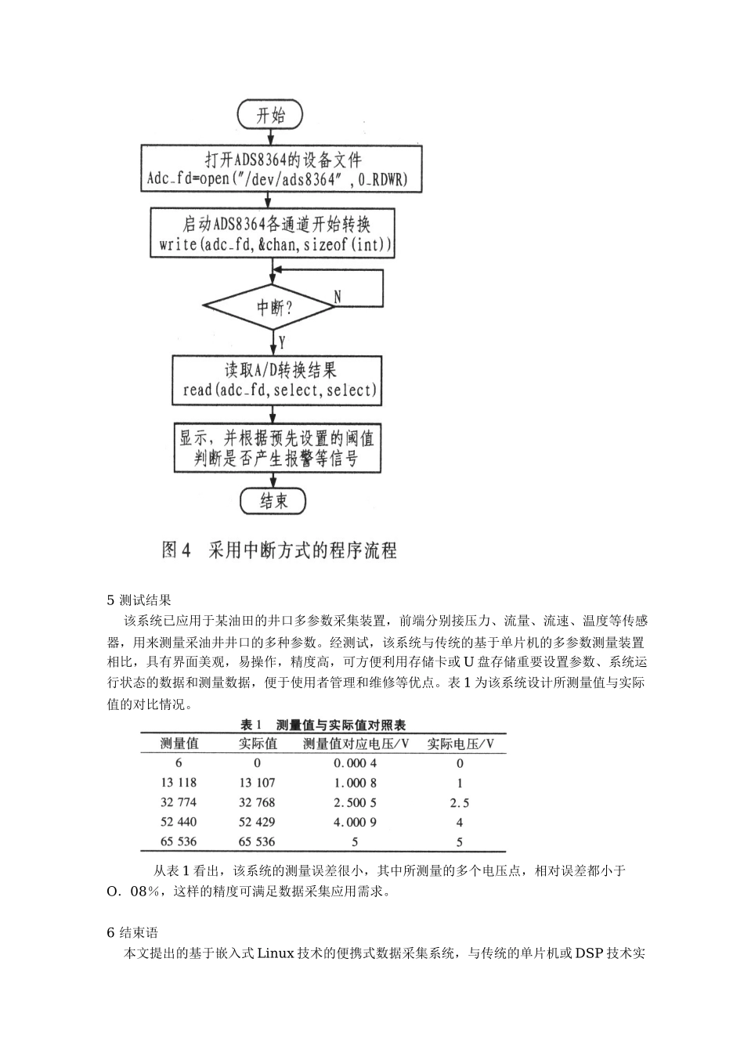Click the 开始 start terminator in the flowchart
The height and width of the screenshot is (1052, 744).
271,116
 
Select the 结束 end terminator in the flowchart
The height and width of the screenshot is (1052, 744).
273,501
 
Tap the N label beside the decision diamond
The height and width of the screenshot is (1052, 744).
337,297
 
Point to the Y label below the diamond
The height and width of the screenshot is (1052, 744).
281,342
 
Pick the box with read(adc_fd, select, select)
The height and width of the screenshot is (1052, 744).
278,380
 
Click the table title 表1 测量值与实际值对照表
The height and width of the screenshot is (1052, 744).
322,725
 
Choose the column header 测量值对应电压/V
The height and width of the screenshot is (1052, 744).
356,744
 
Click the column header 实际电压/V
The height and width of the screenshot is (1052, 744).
460,744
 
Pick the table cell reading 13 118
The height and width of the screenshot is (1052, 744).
179,782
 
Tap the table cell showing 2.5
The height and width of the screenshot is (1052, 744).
460,802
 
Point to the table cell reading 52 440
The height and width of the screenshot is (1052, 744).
179,822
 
